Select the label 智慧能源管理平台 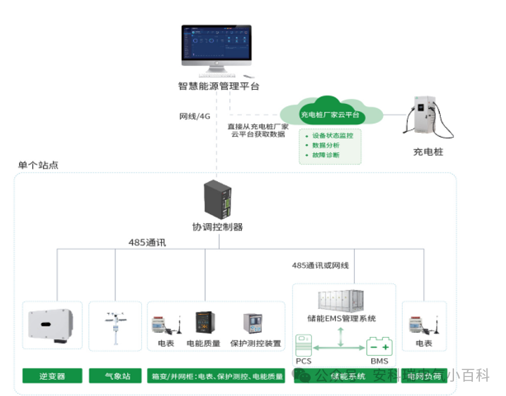pyautogui.click(x=219, y=86)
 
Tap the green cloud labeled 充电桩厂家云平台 pyautogui.click(x=330, y=114)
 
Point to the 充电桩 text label pyautogui.click(x=428, y=152)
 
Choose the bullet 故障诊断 pyautogui.click(x=325, y=154)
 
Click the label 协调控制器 pyautogui.click(x=218, y=227)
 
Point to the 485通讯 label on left pyautogui.click(x=147, y=243)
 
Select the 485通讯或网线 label pyautogui.click(x=320, y=266)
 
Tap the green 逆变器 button pyautogui.click(x=52, y=376)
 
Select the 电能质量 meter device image pyautogui.click(x=205, y=324)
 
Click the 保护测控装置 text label pyautogui.click(x=257, y=344)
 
